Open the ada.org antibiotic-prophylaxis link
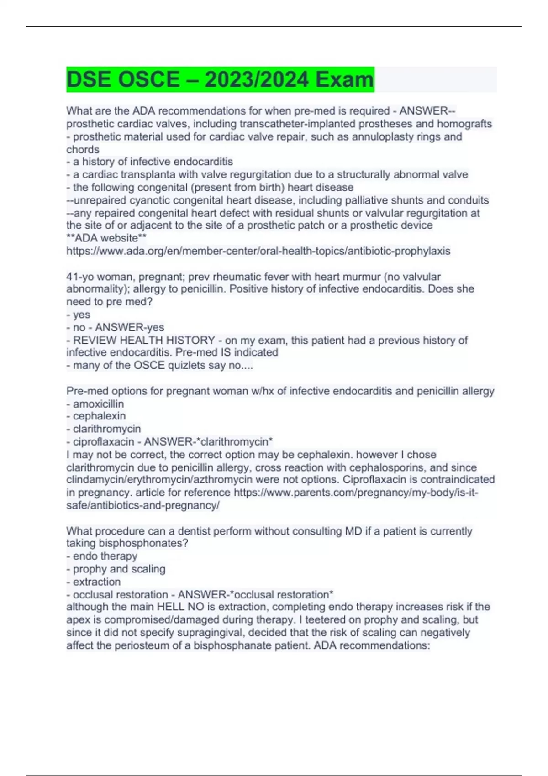[x=258, y=251]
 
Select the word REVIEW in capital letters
[x=93, y=340]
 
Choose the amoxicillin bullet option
[x=98, y=404]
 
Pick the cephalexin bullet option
[x=99, y=416]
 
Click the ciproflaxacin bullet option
[x=103, y=441]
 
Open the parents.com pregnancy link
[x=355, y=493]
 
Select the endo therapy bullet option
[x=105, y=556]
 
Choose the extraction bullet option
[x=97, y=582]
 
